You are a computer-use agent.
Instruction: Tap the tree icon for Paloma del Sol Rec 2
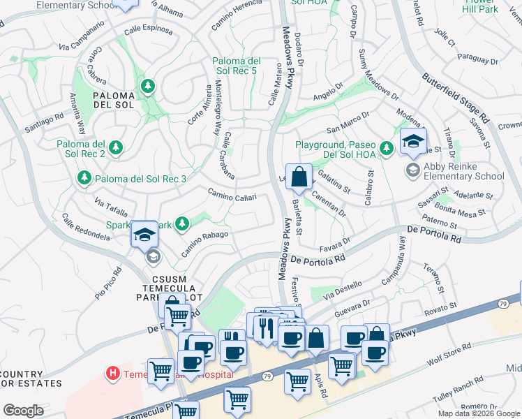[116, 147]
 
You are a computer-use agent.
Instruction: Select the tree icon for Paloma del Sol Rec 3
[84, 179]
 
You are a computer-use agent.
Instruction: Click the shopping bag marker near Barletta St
[299, 178]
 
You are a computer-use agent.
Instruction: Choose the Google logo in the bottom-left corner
[23, 411]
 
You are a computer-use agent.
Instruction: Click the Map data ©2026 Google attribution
[479, 413]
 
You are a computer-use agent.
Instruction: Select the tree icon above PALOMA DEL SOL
[147, 86]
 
